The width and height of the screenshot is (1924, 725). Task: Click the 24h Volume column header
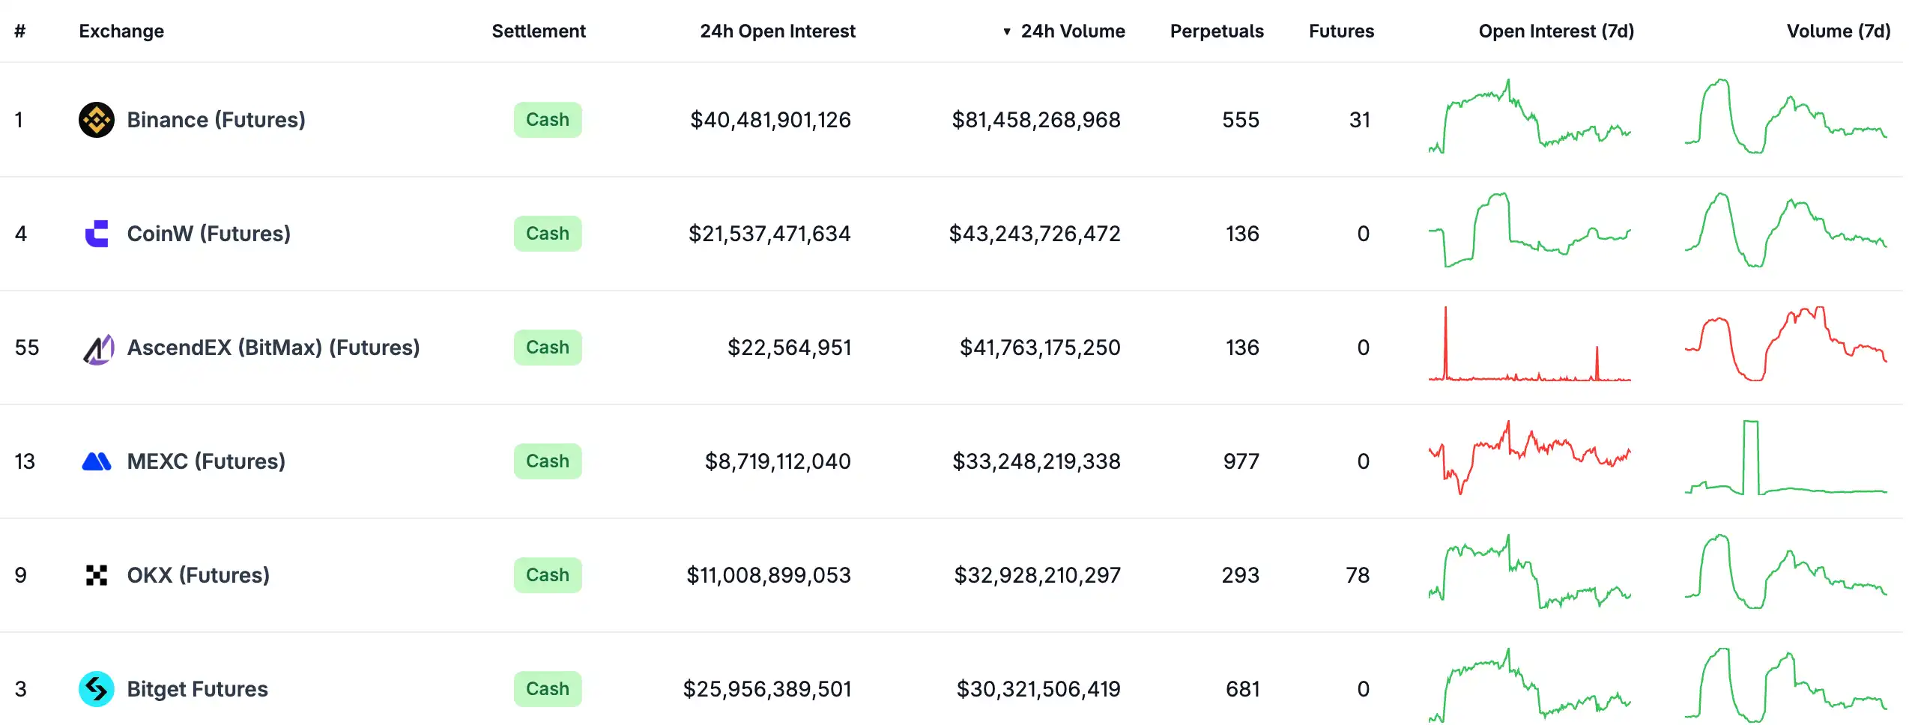(x=1072, y=31)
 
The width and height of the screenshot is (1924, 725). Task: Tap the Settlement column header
(x=538, y=31)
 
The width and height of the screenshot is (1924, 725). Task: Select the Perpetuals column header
(x=1216, y=31)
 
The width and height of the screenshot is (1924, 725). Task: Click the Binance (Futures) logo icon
(x=97, y=120)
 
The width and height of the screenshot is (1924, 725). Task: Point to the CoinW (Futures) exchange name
(x=208, y=234)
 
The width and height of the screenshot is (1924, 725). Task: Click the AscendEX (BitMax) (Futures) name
(x=273, y=348)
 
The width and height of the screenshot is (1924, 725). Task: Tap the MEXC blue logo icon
(x=97, y=461)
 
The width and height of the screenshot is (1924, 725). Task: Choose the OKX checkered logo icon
(x=97, y=575)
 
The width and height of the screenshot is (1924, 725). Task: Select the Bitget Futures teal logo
(x=97, y=689)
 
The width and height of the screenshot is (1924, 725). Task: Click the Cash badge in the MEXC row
(x=547, y=461)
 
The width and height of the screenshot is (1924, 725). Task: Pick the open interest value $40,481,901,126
(x=770, y=120)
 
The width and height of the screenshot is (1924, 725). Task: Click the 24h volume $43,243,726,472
(x=1034, y=234)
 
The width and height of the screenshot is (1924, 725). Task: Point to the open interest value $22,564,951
(x=789, y=348)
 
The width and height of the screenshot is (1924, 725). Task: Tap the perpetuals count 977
(x=1241, y=461)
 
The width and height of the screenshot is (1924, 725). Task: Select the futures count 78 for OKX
(x=1357, y=575)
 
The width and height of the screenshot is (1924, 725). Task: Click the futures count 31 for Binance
(x=1359, y=120)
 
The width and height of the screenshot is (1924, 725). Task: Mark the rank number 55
(x=27, y=348)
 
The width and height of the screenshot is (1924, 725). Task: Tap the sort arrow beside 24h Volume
(x=1007, y=31)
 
